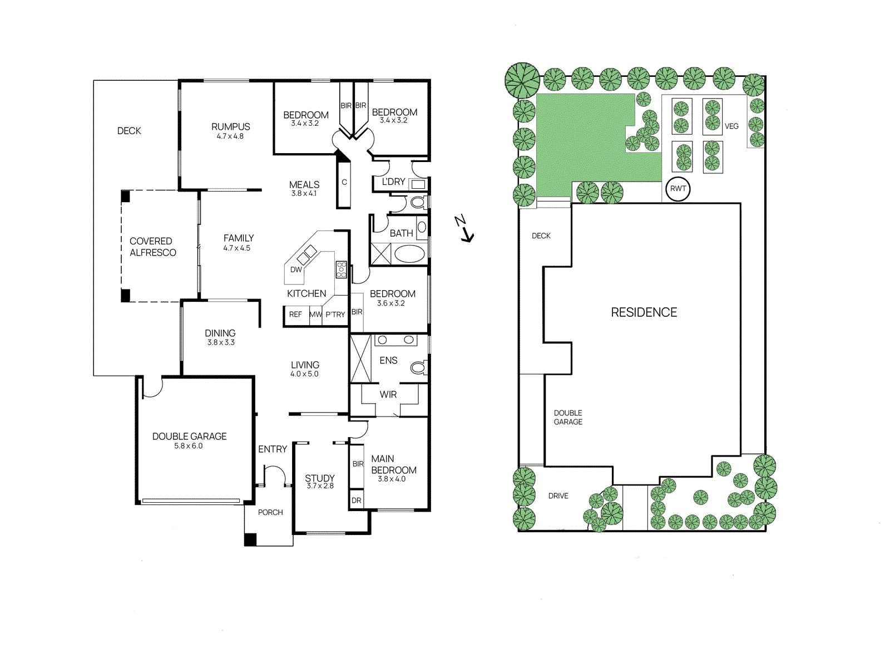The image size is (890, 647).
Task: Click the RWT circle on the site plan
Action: pos(678,189)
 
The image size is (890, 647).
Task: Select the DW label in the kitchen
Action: pos(296,269)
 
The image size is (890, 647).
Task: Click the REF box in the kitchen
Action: pos(295,315)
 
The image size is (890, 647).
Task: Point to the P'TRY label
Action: pos(335,315)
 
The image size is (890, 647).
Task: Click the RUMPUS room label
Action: pos(230,127)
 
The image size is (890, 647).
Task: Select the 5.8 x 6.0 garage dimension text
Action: pos(189,446)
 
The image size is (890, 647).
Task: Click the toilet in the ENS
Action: pos(418,367)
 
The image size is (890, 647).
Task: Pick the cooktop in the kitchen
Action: pos(341,269)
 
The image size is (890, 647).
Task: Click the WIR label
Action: pos(388,395)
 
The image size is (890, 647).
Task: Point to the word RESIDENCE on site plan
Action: pos(644,312)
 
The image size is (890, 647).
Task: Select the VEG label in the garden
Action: pos(731,126)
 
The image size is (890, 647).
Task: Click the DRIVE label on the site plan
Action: pos(558,496)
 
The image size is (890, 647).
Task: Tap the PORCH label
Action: pos(270,512)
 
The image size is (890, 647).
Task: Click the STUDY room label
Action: pos(320,478)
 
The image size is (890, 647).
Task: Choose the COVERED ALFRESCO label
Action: pos(152,247)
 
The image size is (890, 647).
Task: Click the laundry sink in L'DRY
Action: pos(418,184)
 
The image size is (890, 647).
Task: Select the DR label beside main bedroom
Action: pos(356,501)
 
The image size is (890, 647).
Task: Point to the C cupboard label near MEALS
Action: pos(344,182)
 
